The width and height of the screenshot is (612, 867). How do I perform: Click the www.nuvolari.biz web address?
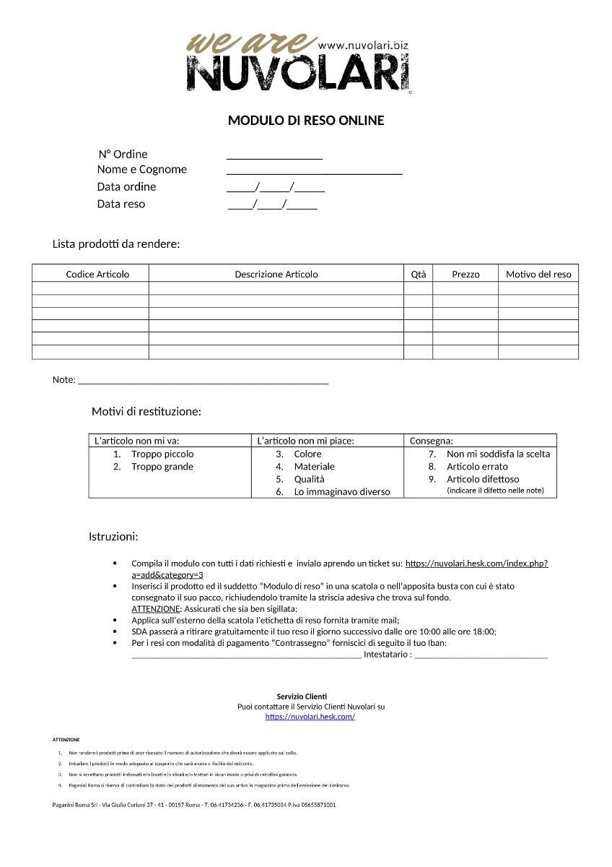point(362,45)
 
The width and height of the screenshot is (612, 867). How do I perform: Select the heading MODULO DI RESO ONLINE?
point(306,121)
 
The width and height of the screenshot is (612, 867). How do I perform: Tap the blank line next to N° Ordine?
point(274,156)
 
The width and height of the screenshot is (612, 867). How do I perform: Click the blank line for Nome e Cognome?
point(314,171)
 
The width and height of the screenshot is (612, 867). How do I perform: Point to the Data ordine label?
point(126,187)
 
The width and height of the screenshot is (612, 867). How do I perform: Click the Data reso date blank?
point(273,205)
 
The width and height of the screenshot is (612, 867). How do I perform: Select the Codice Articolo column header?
point(97,275)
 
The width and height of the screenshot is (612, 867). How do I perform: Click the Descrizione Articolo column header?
point(276,275)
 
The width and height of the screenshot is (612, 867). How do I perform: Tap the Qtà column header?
point(419,275)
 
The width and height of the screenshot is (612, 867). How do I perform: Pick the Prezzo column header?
point(465,275)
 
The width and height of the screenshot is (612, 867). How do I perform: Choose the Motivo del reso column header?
point(538,275)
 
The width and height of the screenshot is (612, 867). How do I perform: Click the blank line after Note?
point(203,381)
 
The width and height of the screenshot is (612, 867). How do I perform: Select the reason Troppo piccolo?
point(162,454)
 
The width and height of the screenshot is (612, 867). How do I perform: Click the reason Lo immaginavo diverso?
point(341,492)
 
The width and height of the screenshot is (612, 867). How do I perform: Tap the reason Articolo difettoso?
point(483,480)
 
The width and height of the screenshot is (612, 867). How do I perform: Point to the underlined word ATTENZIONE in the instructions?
point(155,609)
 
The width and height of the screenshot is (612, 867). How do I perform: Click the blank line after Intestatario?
point(481,656)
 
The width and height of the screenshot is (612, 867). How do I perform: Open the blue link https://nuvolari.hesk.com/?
point(310,717)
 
